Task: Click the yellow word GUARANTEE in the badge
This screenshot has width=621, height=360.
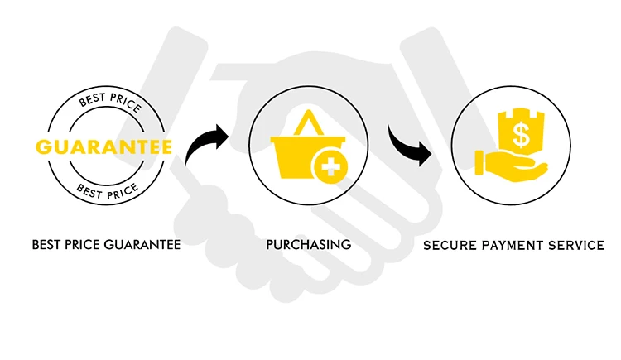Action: tap(103, 147)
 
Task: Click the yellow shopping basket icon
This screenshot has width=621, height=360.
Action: tap(298, 153)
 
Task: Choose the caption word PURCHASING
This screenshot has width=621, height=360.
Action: tap(309, 245)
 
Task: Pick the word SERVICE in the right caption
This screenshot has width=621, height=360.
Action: tap(574, 246)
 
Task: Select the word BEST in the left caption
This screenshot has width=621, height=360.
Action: tap(46, 245)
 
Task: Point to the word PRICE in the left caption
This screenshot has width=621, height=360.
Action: tap(84, 245)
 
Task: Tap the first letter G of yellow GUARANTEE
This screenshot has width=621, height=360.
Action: tap(42, 147)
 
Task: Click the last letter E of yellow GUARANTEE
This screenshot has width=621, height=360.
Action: tap(166, 147)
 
